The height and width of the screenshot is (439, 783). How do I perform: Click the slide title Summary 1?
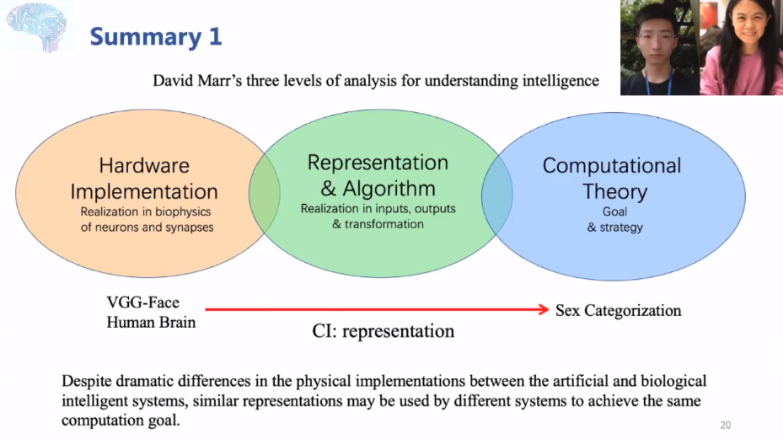click(x=156, y=36)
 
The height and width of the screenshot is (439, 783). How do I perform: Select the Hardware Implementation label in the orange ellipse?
click(x=144, y=179)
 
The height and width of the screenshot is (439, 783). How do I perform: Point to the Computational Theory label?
click(x=612, y=178)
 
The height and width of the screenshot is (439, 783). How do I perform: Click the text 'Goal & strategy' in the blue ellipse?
click(x=614, y=220)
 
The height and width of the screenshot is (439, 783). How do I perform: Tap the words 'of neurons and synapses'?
click(x=147, y=228)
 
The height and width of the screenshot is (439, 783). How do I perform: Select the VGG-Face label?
click(x=143, y=302)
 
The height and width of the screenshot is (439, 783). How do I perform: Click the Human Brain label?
click(x=151, y=322)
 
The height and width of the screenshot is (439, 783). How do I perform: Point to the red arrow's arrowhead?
click(x=544, y=310)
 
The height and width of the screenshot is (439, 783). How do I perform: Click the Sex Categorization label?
click(x=619, y=311)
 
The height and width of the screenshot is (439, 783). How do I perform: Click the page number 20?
click(x=726, y=424)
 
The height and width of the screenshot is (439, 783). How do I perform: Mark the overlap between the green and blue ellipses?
click(x=497, y=195)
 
